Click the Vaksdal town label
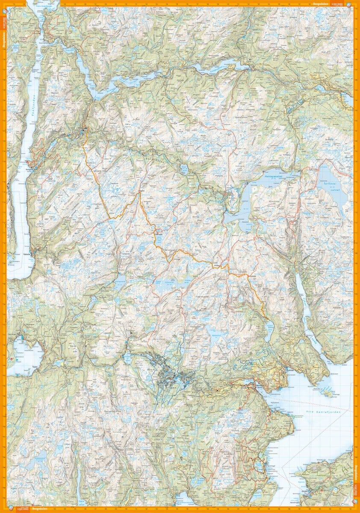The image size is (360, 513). pyautogui.click(x=26, y=254)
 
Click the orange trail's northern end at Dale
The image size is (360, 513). pyautogui.click(x=85, y=128)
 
